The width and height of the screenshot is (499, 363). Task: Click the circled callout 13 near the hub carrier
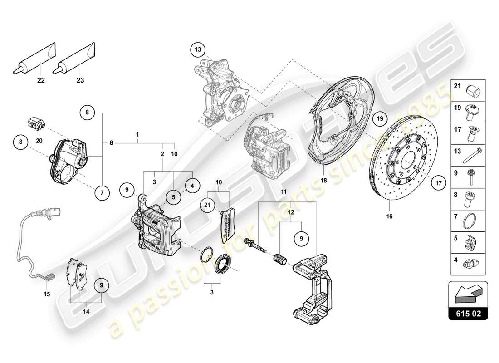click(x=198, y=49)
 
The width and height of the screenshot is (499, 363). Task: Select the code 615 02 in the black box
click(x=468, y=314)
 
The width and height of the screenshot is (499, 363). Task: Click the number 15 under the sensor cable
click(x=47, y=294)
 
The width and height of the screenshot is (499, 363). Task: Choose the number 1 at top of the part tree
click(x=137, y=135)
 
